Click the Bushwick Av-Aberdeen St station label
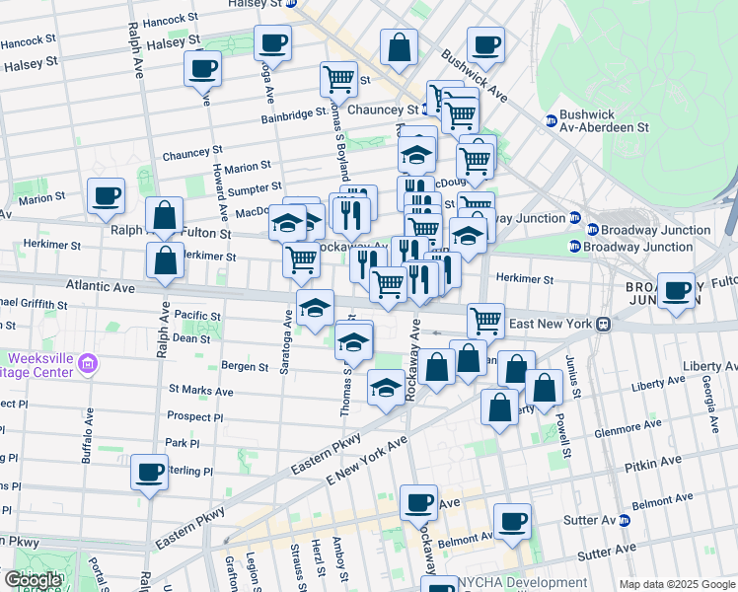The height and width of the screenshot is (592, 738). [x=602, y=120]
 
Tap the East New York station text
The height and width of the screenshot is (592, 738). [x=549, y=324]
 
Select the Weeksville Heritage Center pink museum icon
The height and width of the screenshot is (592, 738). [x=88, y=365]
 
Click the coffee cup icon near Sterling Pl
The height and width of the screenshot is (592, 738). [x=150, y=473]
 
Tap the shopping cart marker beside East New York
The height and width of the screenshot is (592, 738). [x=484, y=320]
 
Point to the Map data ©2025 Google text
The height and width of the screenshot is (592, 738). [x=676, y=584]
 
